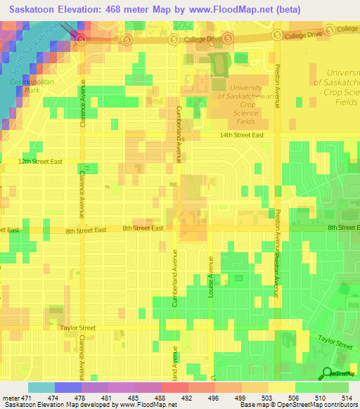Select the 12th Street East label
click(40, 162)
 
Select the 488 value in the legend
click(148, 398)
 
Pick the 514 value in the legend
click(335, 398)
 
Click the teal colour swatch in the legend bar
click(41, 387)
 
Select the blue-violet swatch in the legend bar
click(67, 387)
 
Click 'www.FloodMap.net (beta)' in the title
click(244, 10)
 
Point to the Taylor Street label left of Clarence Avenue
click(77, 327)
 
